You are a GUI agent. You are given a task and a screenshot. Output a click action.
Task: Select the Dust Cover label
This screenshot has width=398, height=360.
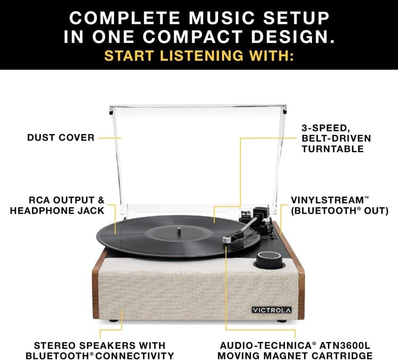point(61,138)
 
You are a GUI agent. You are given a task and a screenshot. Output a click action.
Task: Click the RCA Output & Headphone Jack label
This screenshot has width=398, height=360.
point(66,206)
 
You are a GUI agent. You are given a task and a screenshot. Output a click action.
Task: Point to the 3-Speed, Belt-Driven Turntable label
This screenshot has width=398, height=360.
point(336,138)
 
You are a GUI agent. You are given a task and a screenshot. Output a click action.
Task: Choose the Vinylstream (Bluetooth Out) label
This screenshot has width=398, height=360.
point(340,206)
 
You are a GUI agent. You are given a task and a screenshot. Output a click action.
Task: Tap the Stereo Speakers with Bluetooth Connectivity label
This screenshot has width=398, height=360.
point(100,350)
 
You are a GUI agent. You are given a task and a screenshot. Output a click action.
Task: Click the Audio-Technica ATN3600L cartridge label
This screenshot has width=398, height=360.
point(296,350)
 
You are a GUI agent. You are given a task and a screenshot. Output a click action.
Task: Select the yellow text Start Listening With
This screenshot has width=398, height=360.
point(199,55)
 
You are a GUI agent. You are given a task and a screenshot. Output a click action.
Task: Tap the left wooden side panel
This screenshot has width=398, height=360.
point(97,289)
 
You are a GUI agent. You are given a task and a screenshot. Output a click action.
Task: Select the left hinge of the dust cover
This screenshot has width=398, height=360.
point(112,112)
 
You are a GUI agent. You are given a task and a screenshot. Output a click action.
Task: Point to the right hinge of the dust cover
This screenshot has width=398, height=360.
point(285,112)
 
